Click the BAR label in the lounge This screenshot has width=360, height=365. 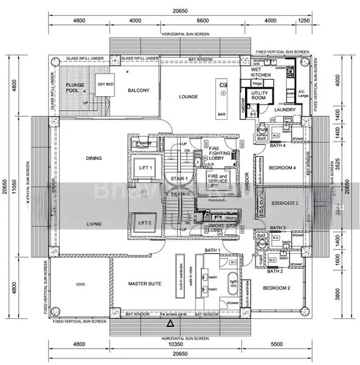point(222,114)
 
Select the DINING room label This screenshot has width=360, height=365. point(93,159)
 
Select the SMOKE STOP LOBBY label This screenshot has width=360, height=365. point(218,229)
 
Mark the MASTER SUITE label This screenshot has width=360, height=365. point(144,284)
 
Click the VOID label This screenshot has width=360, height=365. point(79,284)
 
